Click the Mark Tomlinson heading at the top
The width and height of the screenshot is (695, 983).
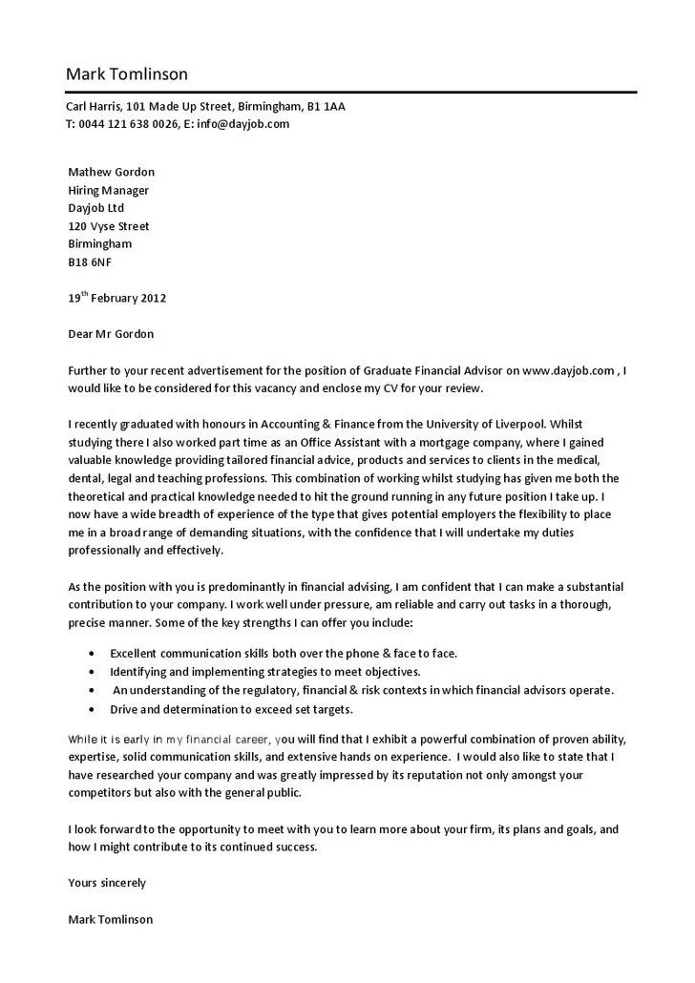(x=127, y=73)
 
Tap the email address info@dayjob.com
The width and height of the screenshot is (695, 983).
(x=243, y=124)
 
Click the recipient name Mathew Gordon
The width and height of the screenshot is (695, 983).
(x=111, y=172)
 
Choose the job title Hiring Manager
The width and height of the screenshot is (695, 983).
(x=108, y=190)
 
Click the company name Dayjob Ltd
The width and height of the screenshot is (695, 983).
(x=95, y=208)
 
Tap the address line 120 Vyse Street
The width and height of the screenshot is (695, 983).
(x=108, y=226)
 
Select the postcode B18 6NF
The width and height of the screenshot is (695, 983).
(x=89, y=261)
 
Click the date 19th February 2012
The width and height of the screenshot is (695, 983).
(x=116, y=298)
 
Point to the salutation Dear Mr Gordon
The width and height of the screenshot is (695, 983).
(x=110, y=334)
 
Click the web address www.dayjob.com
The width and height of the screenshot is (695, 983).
(x=567, y=370)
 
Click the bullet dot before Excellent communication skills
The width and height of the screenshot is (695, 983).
(x=91, y=654)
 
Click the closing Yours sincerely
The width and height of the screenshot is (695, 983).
(x=107, y=883)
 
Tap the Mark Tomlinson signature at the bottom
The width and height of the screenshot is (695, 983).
(x=110, y=919)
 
